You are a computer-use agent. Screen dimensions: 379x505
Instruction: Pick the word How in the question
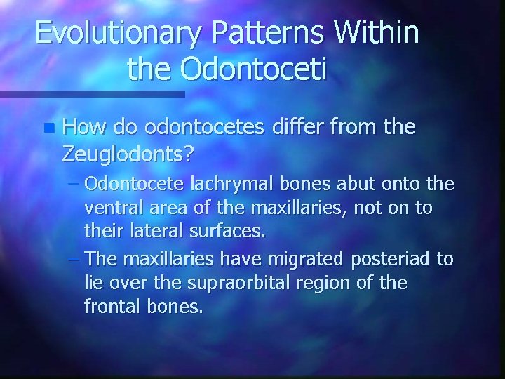click(x=82, y=128)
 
